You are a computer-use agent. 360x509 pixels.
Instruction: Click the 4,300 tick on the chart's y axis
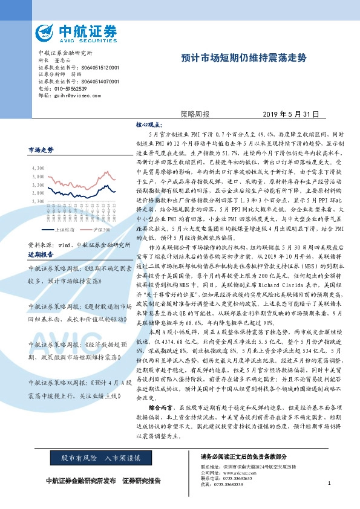[x=38, y=167]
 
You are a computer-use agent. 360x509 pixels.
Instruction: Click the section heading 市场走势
[x=41, y=149]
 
